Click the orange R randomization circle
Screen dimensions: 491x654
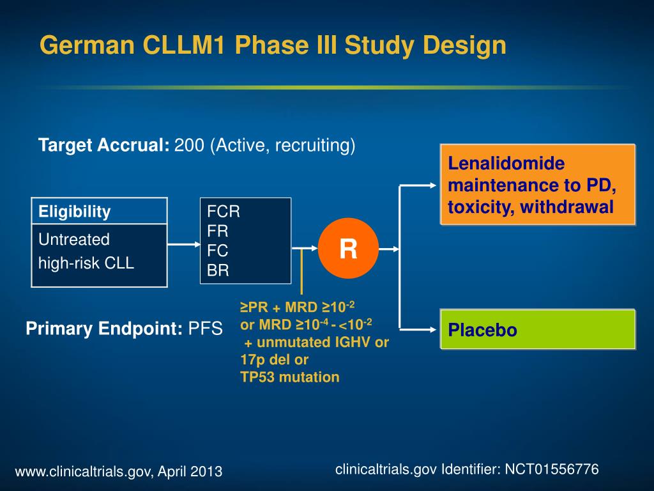point(348,248)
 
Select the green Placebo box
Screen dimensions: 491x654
point(538,330)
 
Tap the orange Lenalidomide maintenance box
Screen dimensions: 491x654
point(538,185)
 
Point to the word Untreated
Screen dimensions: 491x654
point(74,240)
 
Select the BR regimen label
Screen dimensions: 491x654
point(218,270)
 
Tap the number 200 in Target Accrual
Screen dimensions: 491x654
point(188,146)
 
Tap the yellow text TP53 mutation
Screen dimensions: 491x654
point(290,377)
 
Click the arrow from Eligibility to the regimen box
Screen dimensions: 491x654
point(184,244)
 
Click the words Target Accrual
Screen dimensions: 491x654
point(103,146)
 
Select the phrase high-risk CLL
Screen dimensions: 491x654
point(86,262)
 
